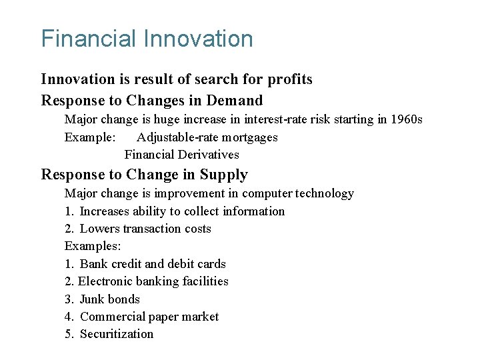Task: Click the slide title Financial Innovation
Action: [x=147, y=39]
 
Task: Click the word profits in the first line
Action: [x=289, y=79]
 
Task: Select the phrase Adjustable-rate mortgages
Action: [x=207, y=137]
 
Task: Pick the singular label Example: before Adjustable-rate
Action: [x=90, y=137]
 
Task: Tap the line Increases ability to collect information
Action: [x=181, y=211]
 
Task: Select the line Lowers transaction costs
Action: [x=145, y=229]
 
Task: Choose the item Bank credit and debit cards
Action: [x=152, y=264]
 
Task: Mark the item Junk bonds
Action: [x=109, y=299]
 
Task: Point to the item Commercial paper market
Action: [x=149, y=317]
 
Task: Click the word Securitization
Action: [x=116, y=334]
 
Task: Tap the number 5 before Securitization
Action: [x=69, y=334]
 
